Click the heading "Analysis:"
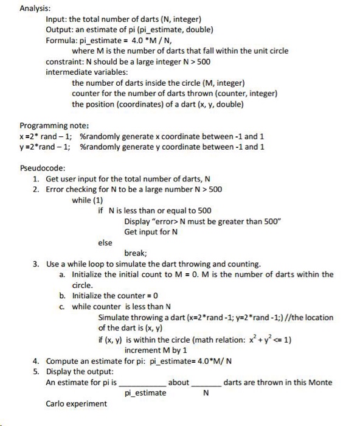tap(35, 9)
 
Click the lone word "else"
tap(105, 242)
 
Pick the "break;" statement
tap(136, 253)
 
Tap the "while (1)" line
tap(88, 200)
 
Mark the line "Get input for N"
tap(151, 232)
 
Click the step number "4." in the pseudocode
tap(36, 361)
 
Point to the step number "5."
tap(36, 371)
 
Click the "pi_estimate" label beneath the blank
tap(145, 393)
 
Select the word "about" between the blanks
tap(179, 382)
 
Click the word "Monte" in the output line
tap(320, 382)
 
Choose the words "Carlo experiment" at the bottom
tap(76, 403)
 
